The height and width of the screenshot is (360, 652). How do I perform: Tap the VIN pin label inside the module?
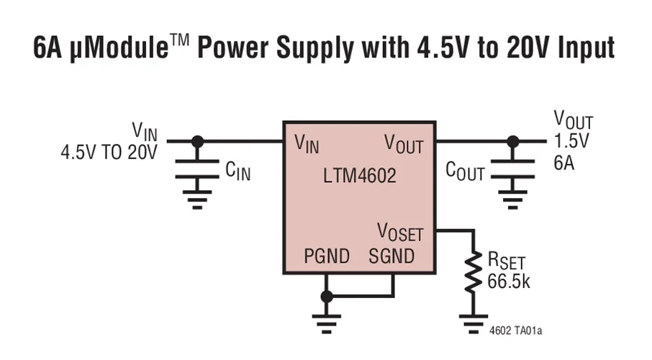pyautogui.click(x=307, y=143)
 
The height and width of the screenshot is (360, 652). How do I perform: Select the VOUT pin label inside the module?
pyautogui.click(x=404, y=143)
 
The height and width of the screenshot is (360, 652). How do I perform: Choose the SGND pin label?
pyautogui.click(x=391, y=256)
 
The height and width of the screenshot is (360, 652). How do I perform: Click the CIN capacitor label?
pyautogui.click(x=238, y=171)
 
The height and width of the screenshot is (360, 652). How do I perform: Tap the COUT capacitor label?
pyautogui.click(x=465, y=171)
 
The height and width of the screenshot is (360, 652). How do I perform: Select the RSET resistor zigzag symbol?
pyautogui.click(x=472, y=271)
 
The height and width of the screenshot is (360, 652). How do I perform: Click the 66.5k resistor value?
pyautogui.click(x=509, y=281)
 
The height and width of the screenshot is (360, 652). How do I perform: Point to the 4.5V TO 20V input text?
pyautogui.click(x=109, y=154)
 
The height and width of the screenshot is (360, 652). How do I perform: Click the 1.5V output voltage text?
pyautogui.click(x=571, y=141)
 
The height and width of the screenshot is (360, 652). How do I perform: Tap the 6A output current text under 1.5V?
pyautogui.click(x=563, y=162)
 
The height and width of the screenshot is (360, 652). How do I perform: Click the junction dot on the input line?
pyautogui.click(x=197, y=141)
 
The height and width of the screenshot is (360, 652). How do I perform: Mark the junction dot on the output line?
pyautogui.click(x=512, y=141)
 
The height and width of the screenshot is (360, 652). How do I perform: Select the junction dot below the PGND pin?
pyautogui.click(x=327, y=296)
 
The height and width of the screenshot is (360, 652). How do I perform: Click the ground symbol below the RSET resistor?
pyautogui.click(x=472, y=325)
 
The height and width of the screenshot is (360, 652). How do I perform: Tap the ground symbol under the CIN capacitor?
pyautogui.click(x=197, y=199)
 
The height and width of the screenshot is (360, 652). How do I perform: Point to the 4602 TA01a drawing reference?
pyautogui.click(x=515, y=331)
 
